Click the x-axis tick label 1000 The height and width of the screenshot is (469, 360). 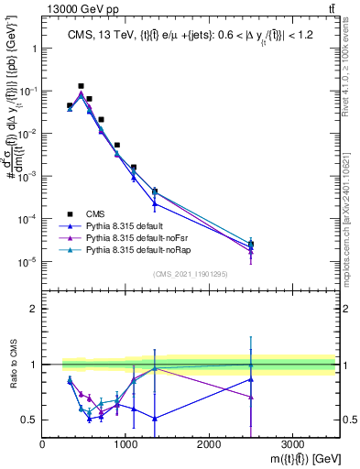(x=125, y=442)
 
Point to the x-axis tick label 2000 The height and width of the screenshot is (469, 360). (x=209, y=442)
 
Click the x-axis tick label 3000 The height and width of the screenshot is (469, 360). (x=292, y=442)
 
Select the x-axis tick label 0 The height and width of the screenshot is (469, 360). (x=43, y=442)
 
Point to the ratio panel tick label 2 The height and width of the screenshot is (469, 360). (x=33, y=309)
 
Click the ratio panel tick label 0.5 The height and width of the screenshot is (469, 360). (x=29, y=420)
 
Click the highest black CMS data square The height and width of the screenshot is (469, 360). (x=81, y=86)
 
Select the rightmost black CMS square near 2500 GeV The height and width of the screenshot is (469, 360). (x=251, y=244)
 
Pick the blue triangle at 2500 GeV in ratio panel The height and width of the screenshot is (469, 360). (x=251, y=379)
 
